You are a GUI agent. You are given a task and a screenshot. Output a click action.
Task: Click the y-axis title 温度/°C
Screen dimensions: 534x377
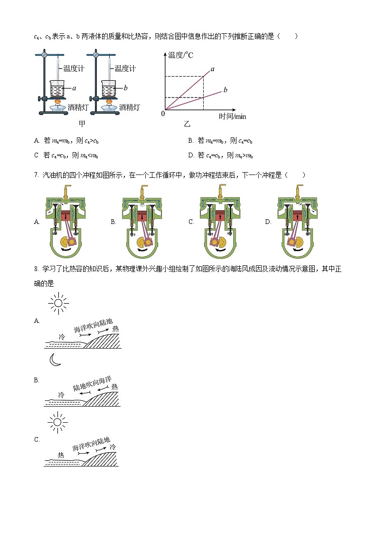[180, 55]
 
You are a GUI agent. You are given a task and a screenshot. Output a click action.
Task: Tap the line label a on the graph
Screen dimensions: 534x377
[212, 69]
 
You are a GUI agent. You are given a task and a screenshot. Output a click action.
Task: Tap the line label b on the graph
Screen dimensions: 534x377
[225, 90]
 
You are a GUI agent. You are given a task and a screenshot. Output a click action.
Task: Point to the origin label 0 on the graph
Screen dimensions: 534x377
[163, 114]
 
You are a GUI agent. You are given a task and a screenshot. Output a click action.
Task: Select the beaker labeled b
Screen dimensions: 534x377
[110, 89]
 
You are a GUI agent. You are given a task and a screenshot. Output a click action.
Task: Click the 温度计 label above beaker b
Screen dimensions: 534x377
[125, 68]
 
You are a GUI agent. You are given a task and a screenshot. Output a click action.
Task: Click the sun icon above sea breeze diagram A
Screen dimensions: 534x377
[58, 302]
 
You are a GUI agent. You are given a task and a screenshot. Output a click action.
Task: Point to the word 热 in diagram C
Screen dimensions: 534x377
[61, 455]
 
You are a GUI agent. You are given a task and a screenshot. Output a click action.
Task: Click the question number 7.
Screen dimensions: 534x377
[36, 175]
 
